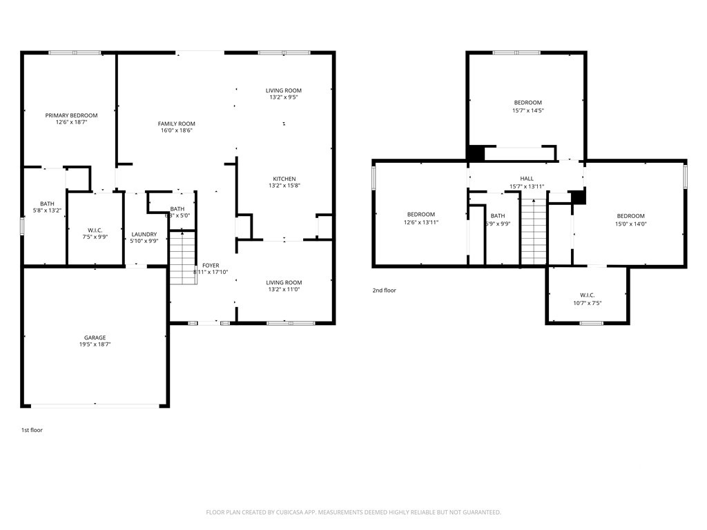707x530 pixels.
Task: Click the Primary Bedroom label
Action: [71, 115]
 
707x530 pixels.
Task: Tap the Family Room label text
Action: [176, 124]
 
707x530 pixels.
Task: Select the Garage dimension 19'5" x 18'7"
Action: [95, 344]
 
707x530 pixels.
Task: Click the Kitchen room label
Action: [284, 179]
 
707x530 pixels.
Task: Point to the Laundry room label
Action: [144, 235]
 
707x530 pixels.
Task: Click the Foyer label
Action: [210, 265]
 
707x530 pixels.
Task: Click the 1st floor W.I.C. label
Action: [95, 230]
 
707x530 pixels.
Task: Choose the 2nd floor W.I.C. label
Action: [587, 295]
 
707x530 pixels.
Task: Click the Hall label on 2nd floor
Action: [527, 179]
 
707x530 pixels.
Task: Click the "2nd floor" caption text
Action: [385, 291]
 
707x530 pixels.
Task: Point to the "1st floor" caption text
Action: [32, 430]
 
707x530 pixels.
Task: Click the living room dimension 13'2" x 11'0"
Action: [284, 290]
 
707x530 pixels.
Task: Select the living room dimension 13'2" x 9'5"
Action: [284, 98]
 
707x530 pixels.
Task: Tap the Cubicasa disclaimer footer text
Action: [353, 512]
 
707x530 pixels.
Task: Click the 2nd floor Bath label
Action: [498, 216]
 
